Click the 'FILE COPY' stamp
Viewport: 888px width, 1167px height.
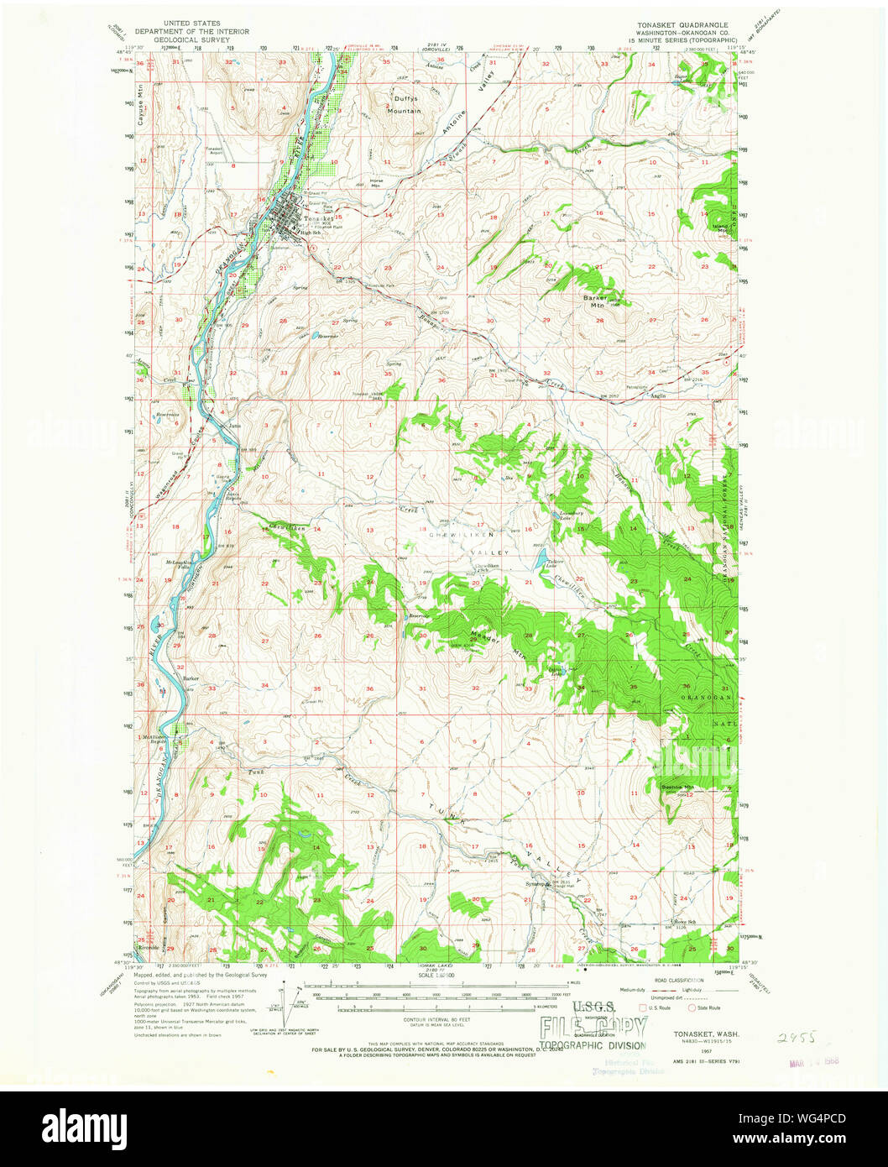593,1026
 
